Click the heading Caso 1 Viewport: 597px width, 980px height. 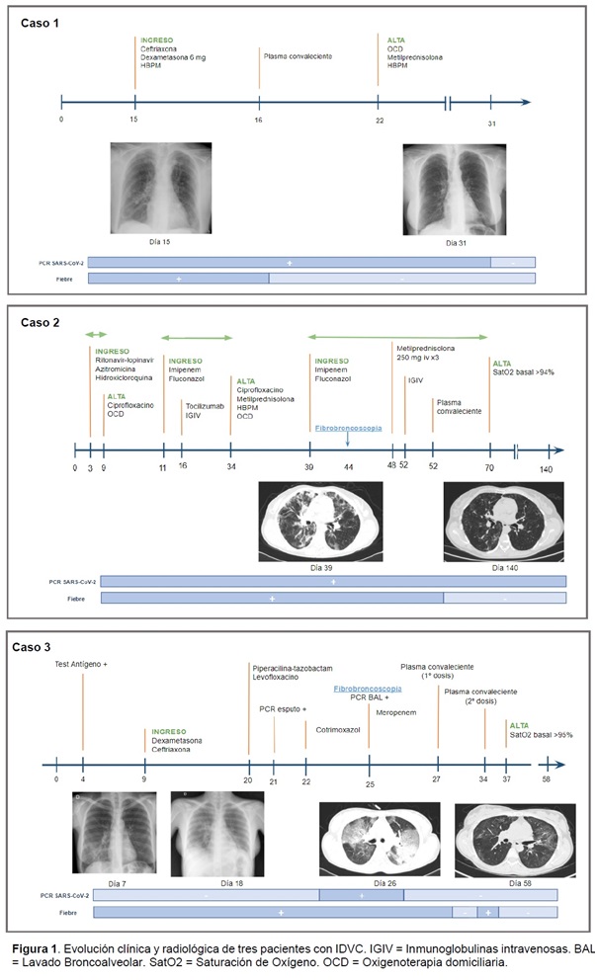pos(41,22)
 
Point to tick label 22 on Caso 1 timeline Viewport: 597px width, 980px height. pos(378,121)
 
